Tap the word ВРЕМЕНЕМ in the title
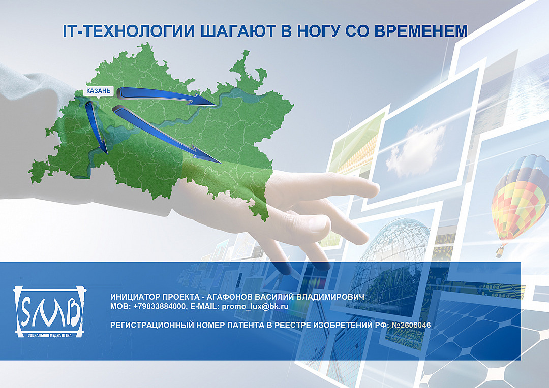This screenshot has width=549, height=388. (421, 31)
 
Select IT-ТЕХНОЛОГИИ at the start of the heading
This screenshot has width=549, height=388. (129, 31)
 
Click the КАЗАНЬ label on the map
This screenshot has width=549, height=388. (99, 91)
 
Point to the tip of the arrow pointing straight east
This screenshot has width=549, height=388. (216, 104)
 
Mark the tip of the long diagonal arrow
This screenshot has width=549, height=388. (221, 163)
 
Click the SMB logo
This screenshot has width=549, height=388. (49, 310)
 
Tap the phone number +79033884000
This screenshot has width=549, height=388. (159, 306)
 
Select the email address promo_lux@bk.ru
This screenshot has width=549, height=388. (255, 306)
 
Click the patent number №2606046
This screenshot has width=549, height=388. (411, 325)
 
